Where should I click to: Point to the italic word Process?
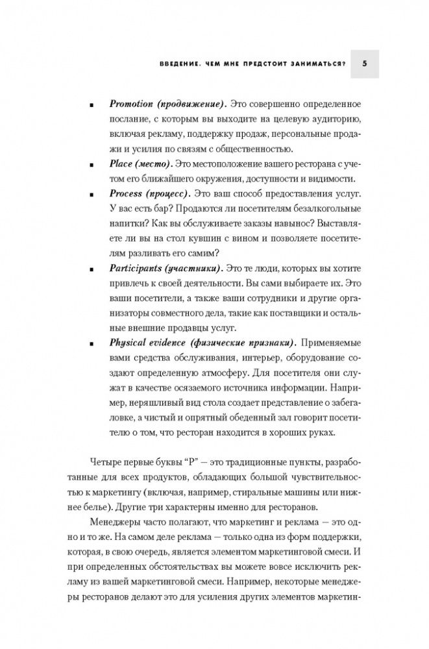tap(125, 193)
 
